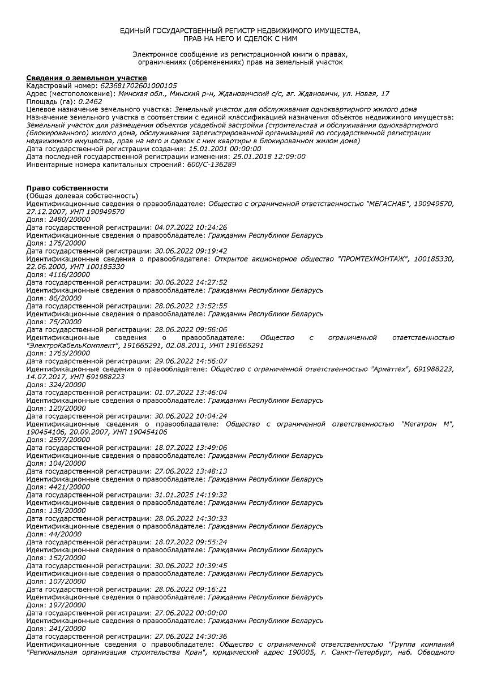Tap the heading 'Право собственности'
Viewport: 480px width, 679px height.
[x=67, y=188]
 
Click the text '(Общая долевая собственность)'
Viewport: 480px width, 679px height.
[x=82, y=196]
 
